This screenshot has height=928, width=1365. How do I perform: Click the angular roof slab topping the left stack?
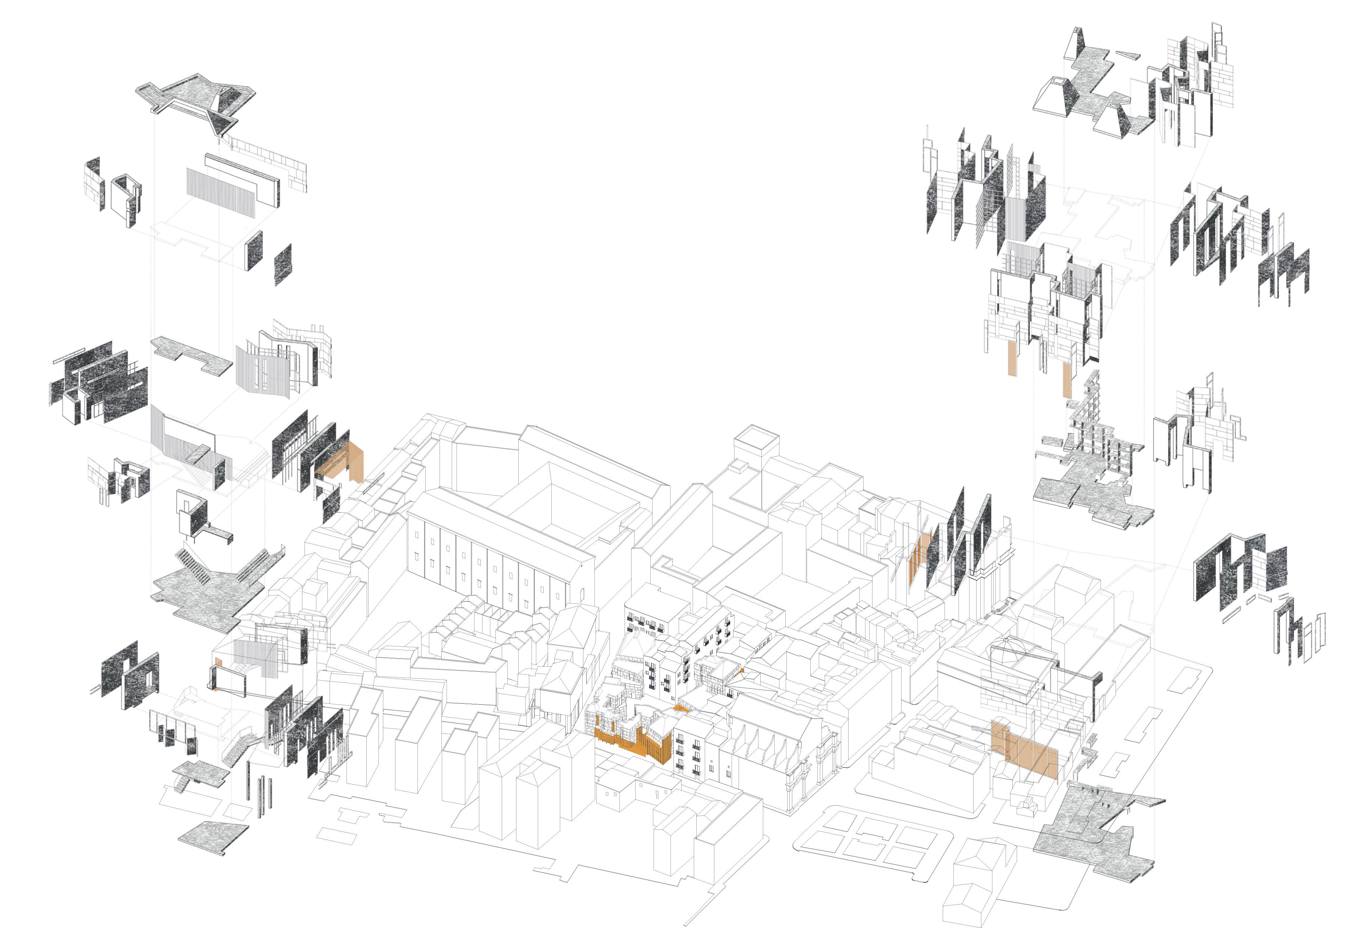tap(194, 100)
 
